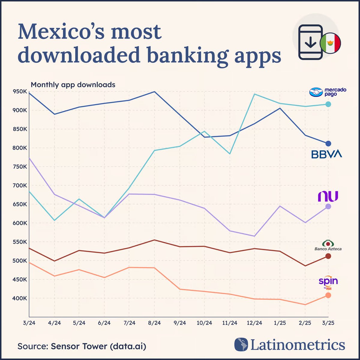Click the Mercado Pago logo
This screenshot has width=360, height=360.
[x=328, y=92]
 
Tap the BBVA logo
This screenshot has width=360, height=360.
[x=326, y=154]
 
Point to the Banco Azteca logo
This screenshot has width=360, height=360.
[x=328, y=245]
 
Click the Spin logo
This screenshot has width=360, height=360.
[x=328, y=282]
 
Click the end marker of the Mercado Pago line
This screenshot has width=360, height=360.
[x=328, y=104]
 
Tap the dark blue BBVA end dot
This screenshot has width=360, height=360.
[x=328, y=143]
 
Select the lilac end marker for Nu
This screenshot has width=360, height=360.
[x=328, y=206]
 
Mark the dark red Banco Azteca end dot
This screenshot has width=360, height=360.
[x=328, y=256]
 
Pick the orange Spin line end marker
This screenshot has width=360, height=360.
[x=328, y=295]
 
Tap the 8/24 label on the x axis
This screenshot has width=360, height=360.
[x=154, y=323]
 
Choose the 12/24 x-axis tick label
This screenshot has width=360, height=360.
[x=254, y=323]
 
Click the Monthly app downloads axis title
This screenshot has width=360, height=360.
[x=73, y=85]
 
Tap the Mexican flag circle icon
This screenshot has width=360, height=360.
[x=330, y=43]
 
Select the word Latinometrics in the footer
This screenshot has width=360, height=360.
[x=298, y=345]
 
